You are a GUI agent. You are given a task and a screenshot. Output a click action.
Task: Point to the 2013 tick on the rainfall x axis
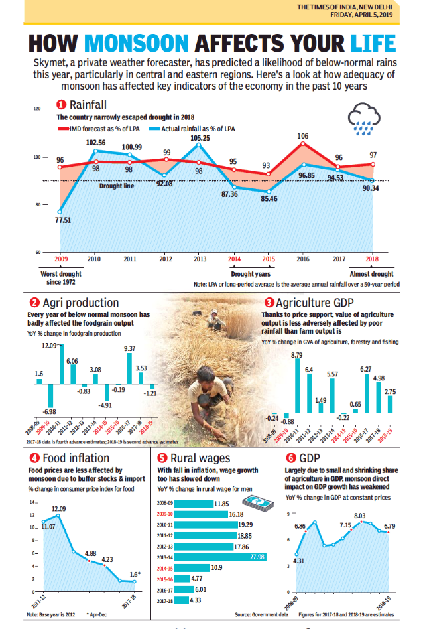pos(200,259)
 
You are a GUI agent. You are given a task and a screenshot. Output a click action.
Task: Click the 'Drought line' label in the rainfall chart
pos(116,186)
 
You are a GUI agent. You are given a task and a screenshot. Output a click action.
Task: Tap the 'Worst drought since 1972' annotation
pos(61,278)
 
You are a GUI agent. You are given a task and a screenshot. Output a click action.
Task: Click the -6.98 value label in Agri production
pos(50,412)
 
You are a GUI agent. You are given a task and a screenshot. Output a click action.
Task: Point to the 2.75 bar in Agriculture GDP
pos(391,404)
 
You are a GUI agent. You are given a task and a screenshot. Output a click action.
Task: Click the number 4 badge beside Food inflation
pos(32,458)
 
